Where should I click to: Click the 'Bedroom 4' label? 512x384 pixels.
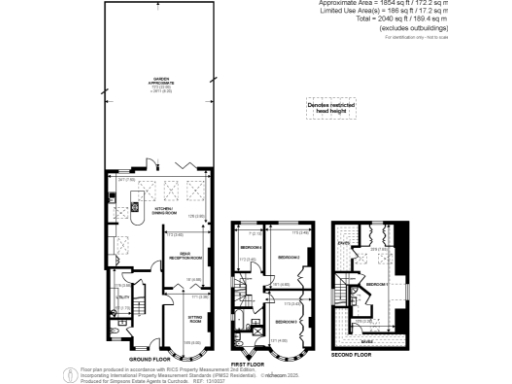pos(249,246)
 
